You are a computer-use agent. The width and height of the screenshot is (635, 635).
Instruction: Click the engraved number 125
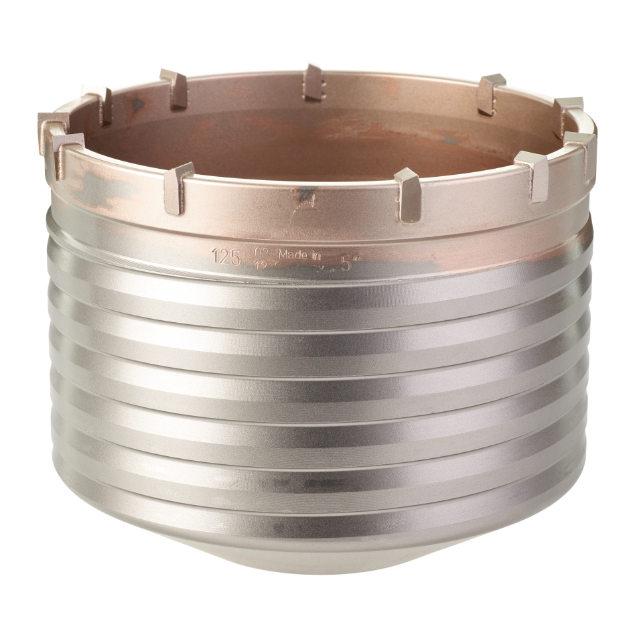pos(226,255)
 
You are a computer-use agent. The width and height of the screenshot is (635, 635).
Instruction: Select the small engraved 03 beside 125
pos(260,252)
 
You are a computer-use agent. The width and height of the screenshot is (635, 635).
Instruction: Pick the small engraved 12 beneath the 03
pos(260,265)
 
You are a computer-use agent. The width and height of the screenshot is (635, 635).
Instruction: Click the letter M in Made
pos(283,254)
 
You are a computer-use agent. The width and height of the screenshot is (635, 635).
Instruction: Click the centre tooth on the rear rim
pos(313,82)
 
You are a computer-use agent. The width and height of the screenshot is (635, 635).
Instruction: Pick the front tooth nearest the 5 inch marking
pos(407,194)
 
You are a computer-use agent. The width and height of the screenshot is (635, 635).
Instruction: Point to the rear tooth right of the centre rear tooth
pos(490,94)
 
